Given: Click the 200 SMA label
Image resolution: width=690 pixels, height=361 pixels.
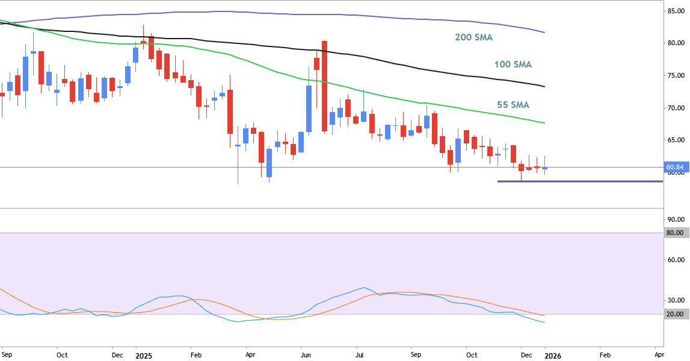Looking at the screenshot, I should (x=473, y=37).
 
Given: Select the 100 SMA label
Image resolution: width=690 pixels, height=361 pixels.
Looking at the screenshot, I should (x=513, y=64).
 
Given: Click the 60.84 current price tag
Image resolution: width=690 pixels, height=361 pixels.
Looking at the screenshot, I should (x=674, y=167).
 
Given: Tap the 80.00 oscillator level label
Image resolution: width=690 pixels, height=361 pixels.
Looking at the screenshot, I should (x=674, y=233).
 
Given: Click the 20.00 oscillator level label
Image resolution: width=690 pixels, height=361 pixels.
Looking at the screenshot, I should (x=674, y=314).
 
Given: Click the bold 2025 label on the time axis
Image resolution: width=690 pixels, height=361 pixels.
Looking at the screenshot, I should (x=143, y=356).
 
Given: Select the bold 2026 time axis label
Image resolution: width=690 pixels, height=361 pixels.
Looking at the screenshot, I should (x=552, y=356).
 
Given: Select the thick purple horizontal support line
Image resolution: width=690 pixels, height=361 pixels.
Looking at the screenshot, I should (x=580, y=181).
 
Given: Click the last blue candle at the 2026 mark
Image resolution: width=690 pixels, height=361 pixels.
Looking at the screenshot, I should (x=545, y=168).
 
